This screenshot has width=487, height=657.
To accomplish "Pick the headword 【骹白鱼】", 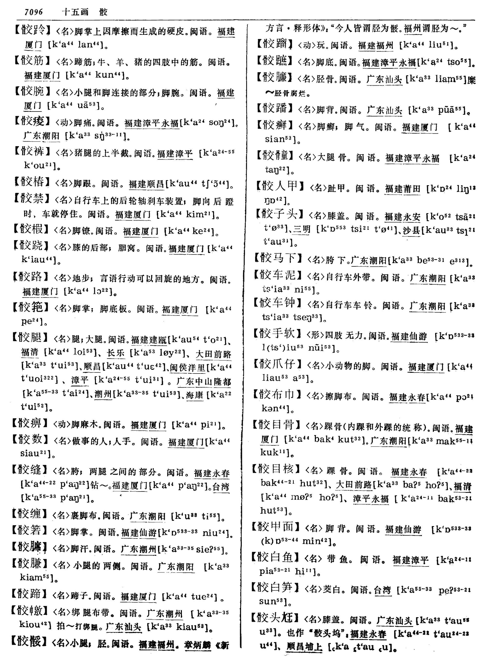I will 276,557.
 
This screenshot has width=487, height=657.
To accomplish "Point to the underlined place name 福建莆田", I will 403,189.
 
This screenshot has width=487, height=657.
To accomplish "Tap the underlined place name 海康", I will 195,395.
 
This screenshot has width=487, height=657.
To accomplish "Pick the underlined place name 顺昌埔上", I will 304,647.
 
